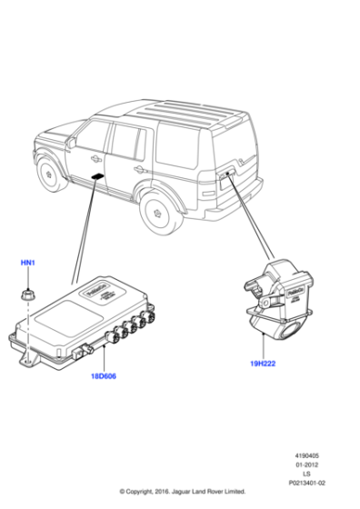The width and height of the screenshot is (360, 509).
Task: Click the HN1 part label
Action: (x=27, y=263)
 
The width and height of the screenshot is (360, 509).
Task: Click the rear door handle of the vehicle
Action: (x=138, y=168)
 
